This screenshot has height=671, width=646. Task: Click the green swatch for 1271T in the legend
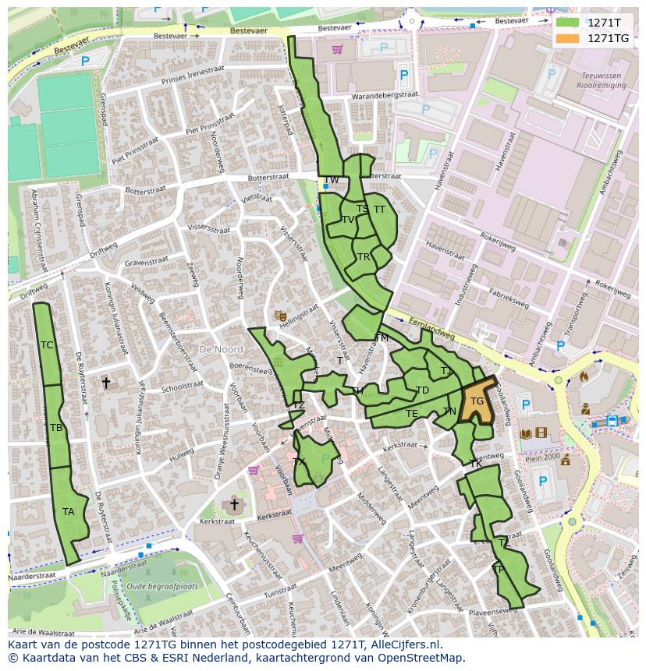[567, 23]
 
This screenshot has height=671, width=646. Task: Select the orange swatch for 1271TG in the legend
[567, 38]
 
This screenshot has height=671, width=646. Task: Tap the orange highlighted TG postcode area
[478, 401]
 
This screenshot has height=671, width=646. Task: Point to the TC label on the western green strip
[47, 345]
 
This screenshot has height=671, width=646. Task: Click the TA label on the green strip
[69, 512]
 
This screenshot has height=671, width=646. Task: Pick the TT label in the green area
[379, 210]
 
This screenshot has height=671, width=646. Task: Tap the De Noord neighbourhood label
[221, 350]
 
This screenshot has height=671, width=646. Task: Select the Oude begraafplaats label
[162, 586]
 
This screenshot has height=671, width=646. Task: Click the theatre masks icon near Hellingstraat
[280, 316]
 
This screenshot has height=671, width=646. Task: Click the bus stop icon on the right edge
[612, 421]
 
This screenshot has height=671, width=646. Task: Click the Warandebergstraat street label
[374, 96]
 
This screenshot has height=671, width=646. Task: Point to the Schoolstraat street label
[182, 387]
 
